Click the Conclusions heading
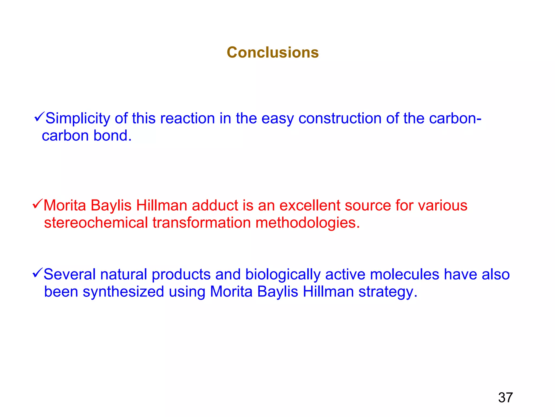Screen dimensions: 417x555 coord(273,52)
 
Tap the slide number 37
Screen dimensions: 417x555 coord(505,397)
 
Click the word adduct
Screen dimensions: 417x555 coord(215,206)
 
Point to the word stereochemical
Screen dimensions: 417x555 coord(96,223)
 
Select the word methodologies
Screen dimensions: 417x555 coord(308,223)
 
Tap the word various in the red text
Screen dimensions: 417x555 coord(443,206)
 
